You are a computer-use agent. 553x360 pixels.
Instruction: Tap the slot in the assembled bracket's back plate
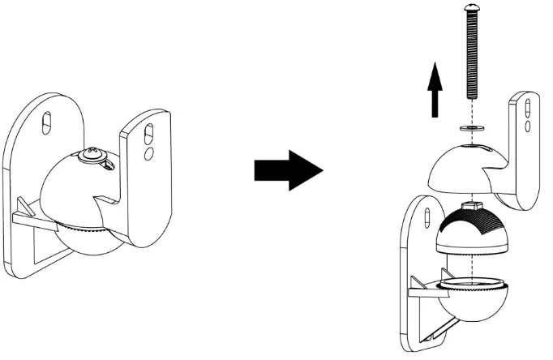(49, 119)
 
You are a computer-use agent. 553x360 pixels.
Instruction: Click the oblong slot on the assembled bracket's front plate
(149, 130)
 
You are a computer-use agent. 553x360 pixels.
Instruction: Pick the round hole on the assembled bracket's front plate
(148, 152)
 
